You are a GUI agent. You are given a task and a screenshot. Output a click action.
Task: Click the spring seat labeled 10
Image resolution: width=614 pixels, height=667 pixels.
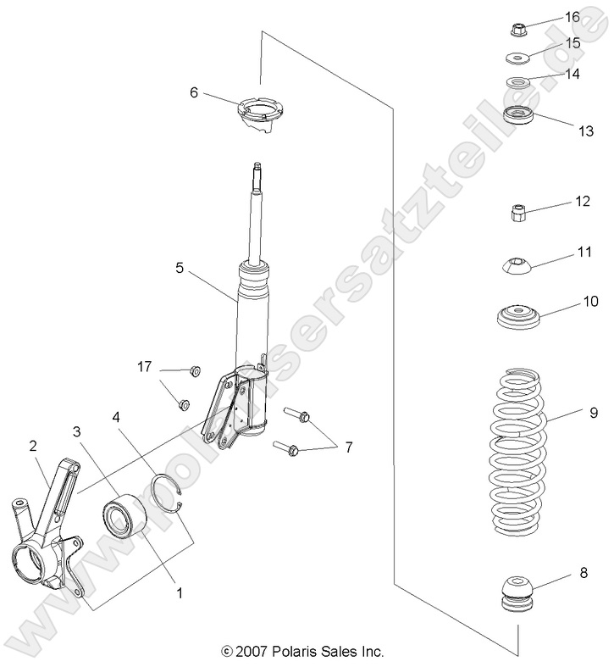click(x=517, y=319)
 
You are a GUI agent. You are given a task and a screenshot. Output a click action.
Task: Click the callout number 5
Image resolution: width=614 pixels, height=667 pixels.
click(x=180, y=268)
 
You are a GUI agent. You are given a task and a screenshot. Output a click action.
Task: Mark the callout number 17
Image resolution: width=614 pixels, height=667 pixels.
click(x=145, y=366)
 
